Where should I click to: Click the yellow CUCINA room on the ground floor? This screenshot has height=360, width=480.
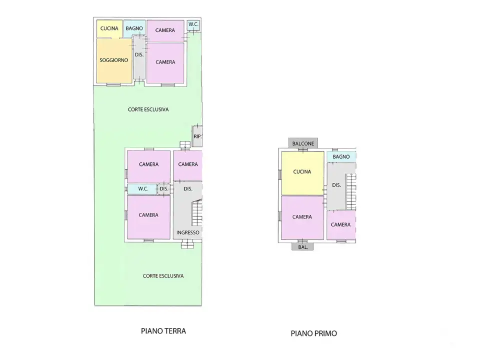(109, 28)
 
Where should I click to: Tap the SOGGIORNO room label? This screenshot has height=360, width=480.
(113, 60)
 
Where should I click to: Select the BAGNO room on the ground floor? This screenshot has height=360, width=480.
(134, 28)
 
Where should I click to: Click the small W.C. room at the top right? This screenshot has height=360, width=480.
(193, 24)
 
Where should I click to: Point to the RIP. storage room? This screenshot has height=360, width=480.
(197, 136)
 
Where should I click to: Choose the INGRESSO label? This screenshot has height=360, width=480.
(188, 232)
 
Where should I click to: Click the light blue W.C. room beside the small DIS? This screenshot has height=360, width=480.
(142, 189)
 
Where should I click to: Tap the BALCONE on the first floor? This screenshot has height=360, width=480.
(303, 143)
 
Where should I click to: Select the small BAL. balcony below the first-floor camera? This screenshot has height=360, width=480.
(303, 247)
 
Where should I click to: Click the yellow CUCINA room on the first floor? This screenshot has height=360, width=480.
(302, 172)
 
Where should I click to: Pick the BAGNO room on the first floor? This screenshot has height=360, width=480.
(341, 156)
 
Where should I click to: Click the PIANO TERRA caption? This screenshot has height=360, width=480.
(163, 331)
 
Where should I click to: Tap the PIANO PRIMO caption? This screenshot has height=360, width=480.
(313, 333)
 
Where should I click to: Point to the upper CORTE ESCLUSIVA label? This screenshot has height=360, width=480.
(148, 109)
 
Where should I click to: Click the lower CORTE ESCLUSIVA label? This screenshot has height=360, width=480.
(163, 276)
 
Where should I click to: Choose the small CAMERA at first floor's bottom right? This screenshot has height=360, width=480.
(341, 225)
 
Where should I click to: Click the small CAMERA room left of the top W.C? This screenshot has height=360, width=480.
(165, 30)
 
